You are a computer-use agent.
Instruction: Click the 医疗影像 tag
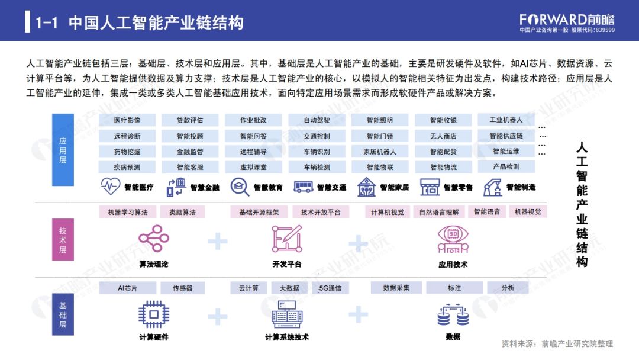pyautogui.click(x=127, y=120)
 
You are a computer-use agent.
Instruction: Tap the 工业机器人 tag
pyautogui.click(x=506, y=120)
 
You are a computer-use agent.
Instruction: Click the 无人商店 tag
pyautogui.click(x=443, y=136)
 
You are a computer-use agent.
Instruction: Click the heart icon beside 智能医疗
pyautogui.click(x=111, y=187)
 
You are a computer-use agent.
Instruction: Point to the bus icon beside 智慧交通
pyautogui.click(x=304, y=187)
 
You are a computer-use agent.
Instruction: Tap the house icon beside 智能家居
pyautogui.click(x=367, y=187)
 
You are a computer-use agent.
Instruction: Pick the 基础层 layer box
pyautogui.click(x=63, y=314)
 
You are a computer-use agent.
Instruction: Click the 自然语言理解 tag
pyautogui.click(x=439, y=211)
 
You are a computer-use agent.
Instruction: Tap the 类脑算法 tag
pyautogui.click(x=182, y=211)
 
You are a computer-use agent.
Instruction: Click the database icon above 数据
pyautogui.click(x=453, y=314)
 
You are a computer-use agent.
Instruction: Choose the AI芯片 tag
pyautogui.click(x=127, y=288)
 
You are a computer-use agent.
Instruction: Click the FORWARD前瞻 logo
pyautogui.click(x=567, y=19)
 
